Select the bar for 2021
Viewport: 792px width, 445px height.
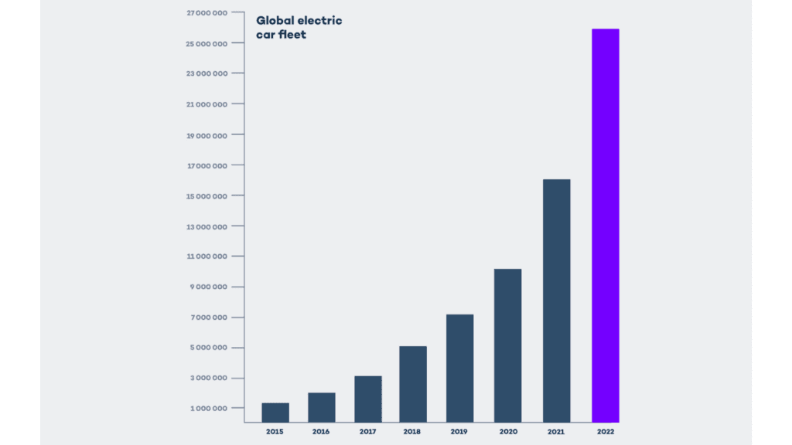[556, 301]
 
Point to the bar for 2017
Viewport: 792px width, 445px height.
[367, 399]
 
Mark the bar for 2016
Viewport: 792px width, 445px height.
[321, 407]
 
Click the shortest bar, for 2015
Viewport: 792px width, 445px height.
[275, 413]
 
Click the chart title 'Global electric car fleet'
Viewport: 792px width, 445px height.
[299, 27]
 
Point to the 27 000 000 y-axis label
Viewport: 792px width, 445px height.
[207, 13]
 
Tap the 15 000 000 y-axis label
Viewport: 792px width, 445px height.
[207, 196]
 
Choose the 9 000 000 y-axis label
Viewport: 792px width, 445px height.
[209, 287]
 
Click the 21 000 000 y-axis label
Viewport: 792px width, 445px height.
[207, 104]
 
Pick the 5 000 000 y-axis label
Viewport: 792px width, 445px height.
[209, 348]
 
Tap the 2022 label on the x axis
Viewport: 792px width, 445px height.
[605, 431]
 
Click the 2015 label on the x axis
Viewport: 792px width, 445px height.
[275, 431]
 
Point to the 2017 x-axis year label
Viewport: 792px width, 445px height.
[367, 431]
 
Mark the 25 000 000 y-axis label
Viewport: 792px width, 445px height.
[207, 44]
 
